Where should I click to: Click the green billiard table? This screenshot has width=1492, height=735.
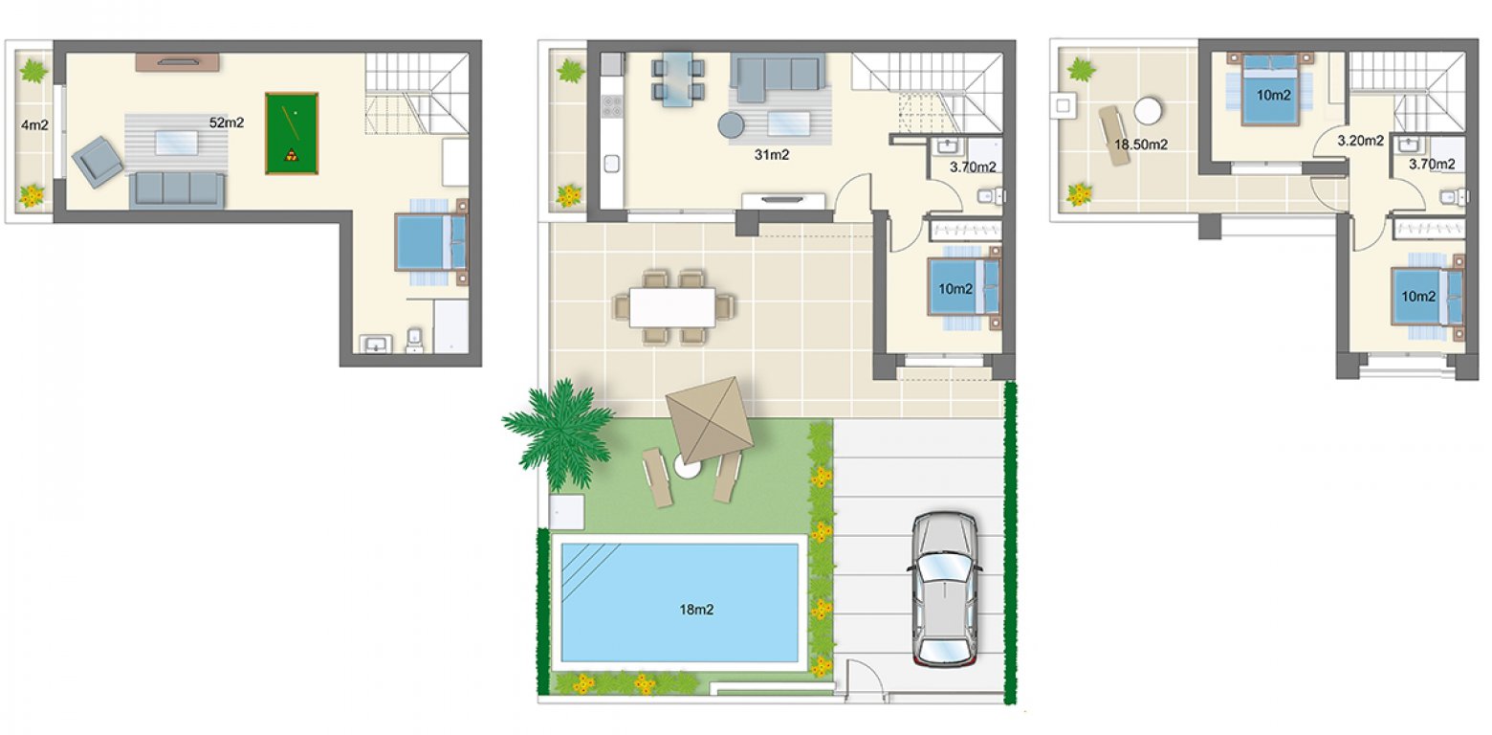point(292,133)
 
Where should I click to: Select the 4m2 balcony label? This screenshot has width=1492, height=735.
point(33,123)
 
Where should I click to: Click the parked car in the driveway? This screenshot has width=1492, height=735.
point(944,588)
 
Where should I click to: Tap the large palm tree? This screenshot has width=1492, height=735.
point(559,428)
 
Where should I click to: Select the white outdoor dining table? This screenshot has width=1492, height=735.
point(672,307)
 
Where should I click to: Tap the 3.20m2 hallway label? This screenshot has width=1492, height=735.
point(1360,141)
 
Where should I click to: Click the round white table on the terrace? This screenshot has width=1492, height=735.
point(1148,109)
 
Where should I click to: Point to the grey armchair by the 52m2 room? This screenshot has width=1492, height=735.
point(99,161)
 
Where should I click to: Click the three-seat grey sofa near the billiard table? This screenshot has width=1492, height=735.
point(177,189)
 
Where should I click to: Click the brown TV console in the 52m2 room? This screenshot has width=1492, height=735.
point(178,62)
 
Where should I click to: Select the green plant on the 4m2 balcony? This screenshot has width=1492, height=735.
point(34,71)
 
